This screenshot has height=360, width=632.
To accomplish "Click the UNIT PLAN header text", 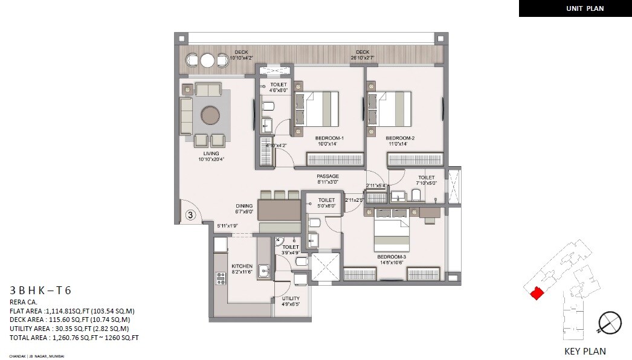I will (x=585, y=8).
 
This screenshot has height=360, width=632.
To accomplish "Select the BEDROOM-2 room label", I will (x=400, y=138).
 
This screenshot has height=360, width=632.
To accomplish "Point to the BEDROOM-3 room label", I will (x=392, y=256).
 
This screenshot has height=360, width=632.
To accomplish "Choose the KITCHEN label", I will (x=242, y=266).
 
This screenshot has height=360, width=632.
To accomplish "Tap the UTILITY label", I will (x=291, y=298).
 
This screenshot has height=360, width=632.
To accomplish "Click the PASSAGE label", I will (x=328, y=176).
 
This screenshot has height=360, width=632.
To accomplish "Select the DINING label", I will (x=244, y=206).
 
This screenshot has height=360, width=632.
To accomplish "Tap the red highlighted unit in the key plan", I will (x=535, y=293).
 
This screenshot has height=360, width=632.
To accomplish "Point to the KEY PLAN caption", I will (x=585, y=351).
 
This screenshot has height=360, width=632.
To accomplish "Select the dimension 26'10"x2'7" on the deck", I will (x=363, y=58).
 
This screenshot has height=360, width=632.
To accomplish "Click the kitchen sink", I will (x=264, y=271).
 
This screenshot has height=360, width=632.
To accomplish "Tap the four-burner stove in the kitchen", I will (x=221, y=278).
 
